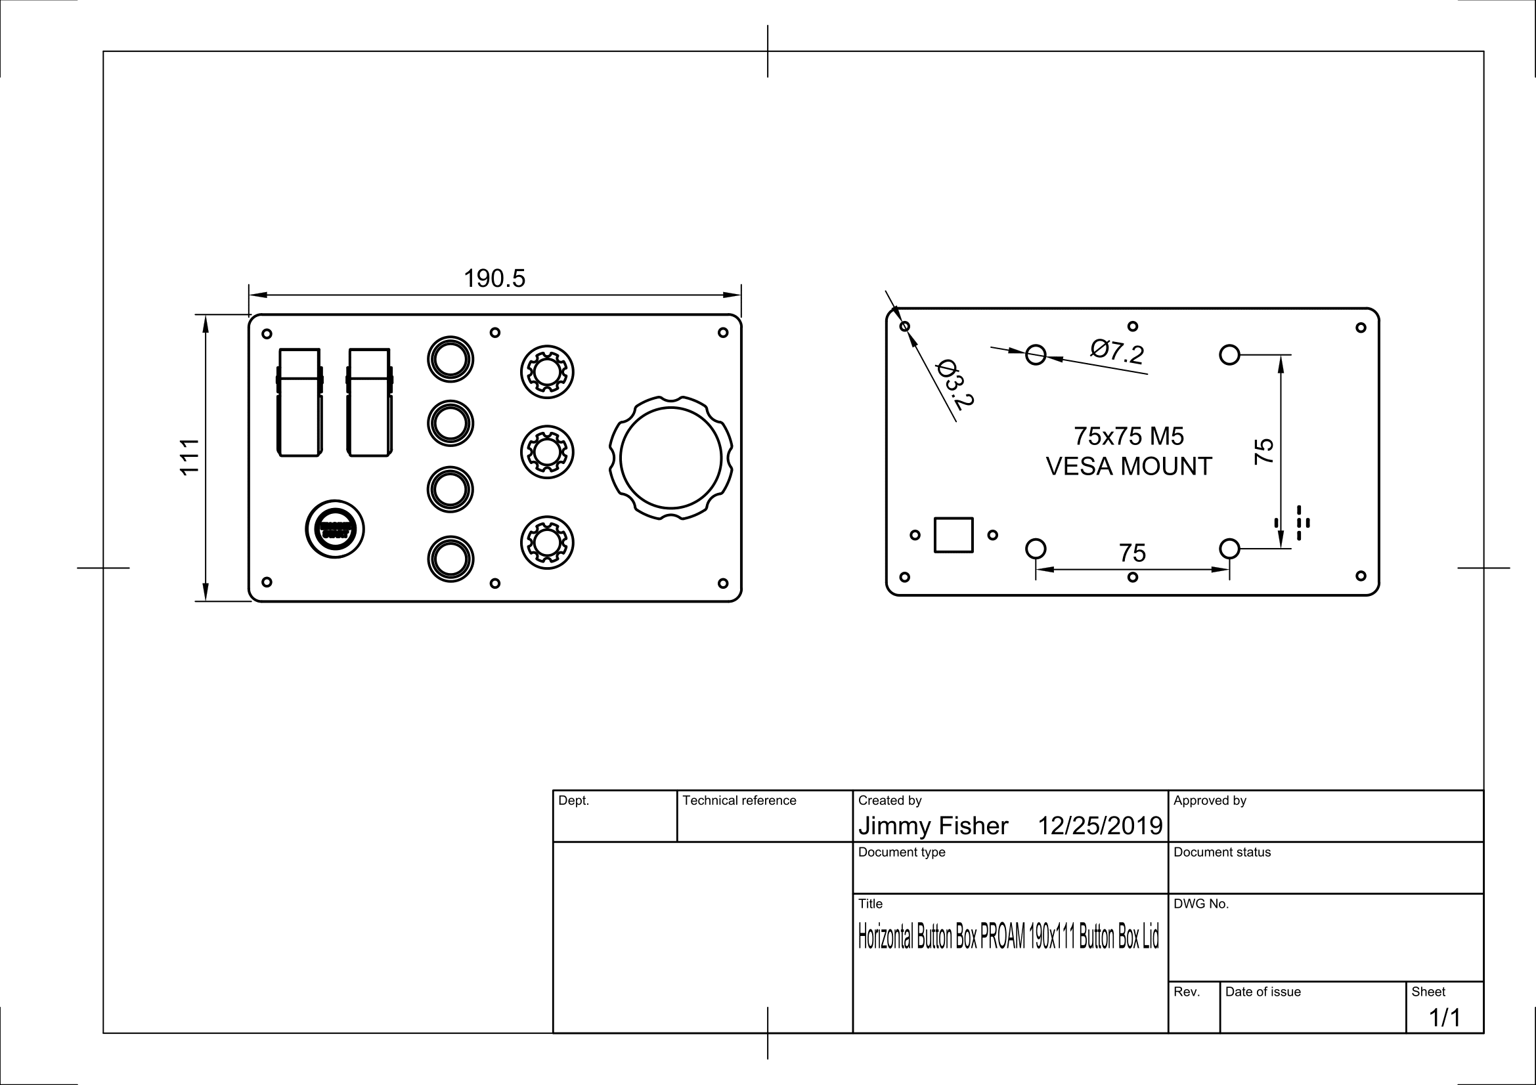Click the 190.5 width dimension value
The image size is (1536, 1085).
pos(494,279)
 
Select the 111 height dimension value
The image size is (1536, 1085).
pos(190,457)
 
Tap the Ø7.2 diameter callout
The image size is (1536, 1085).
pos(1116,351)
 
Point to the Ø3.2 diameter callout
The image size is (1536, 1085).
pos(955,384)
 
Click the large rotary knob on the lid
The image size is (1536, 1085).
pos(670,458)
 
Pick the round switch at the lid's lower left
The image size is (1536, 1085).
pos(334,529)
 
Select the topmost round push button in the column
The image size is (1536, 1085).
pos(450,359)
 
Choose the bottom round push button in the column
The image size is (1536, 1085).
pos(450,558)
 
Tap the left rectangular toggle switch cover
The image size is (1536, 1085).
pos(299,402)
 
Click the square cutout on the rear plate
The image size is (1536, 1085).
pos(954,535)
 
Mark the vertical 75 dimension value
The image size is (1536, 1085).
pos(1263,451)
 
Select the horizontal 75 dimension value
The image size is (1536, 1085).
pos(1132,553)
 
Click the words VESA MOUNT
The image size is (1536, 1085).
pos(1129,467)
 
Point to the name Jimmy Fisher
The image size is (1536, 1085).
pos(933,826)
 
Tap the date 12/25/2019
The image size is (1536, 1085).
pos(1100,826)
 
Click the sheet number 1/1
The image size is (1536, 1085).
pos(1444,1017)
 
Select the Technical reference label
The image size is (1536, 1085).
pos(739,800)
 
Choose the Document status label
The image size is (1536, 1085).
pos(1221,852)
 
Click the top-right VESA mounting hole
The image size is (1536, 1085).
pos(1229,354)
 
